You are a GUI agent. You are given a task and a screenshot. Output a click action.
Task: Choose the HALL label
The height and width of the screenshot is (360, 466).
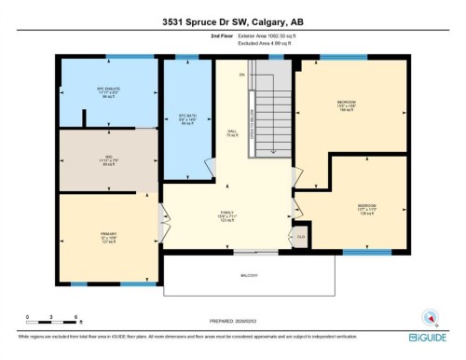tap(230, 132)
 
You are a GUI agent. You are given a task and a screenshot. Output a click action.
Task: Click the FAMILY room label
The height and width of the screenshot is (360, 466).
tap(229, 216)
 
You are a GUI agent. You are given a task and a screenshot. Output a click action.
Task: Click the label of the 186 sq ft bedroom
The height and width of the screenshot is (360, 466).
tap(348, 104)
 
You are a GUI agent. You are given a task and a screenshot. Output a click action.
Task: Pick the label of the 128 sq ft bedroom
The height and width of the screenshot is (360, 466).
tap(367, 207)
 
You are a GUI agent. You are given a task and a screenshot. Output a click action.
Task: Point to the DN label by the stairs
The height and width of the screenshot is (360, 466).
tap(240, 75)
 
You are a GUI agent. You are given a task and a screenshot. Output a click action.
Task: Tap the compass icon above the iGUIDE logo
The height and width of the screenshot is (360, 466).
tap(431, 316)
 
